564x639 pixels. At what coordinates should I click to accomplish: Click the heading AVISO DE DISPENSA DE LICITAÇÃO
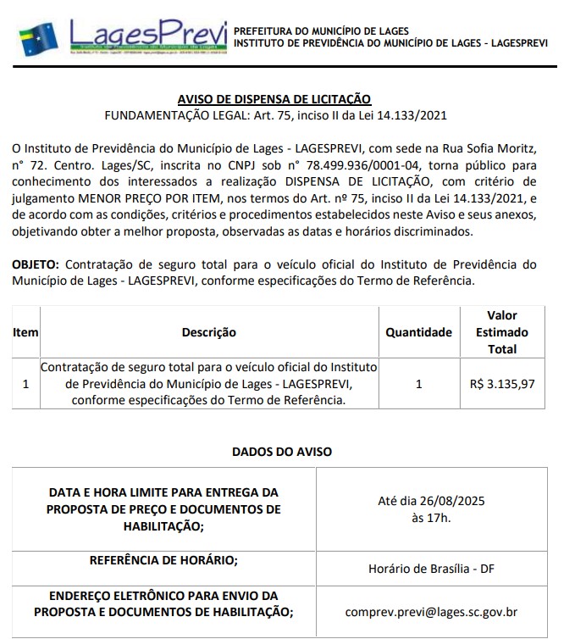pos(274,99)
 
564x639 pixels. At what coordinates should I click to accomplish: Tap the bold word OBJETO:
pos(36,264)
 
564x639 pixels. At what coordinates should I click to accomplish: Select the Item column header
pos(25,332)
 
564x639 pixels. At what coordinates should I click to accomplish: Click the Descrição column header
pos(209,332)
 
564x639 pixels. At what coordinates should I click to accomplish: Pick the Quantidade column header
pos(418,332)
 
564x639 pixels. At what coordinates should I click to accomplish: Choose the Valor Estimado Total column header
pos(501,332)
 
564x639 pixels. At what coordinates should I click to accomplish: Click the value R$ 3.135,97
pos(501,384)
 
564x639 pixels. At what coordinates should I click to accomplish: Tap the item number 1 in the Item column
pos(25,384)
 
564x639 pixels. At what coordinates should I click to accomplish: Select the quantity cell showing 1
pos(418,384)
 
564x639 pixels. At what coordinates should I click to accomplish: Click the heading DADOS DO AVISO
pos(282,452)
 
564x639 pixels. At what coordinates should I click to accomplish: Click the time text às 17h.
pos(430,518)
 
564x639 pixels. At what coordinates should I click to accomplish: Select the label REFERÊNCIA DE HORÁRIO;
pos(163,559)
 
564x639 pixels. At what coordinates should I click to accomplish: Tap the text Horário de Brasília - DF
pos(431,568)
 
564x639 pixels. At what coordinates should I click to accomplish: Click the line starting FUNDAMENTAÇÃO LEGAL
pos(275,115)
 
